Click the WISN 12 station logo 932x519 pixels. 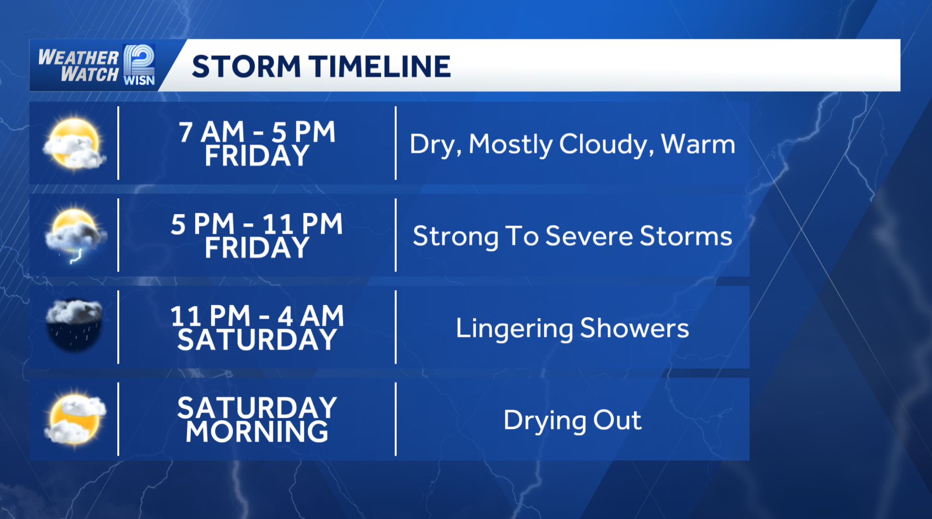[x=139, y=65]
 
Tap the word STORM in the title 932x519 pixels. [x=246, y=66]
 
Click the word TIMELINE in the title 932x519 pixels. [x=380, y=66]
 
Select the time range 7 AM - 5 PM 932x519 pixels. [x=257, y=132]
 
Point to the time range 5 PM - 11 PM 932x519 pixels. [x=257, y=224]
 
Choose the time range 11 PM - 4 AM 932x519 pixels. [x=257, y=316]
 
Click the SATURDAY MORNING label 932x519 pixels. [x=257, y=419]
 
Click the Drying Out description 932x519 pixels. [x=572, y=421]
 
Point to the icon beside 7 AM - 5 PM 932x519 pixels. [x=74, y=144]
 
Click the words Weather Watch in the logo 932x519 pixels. [x=79, y=66]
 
